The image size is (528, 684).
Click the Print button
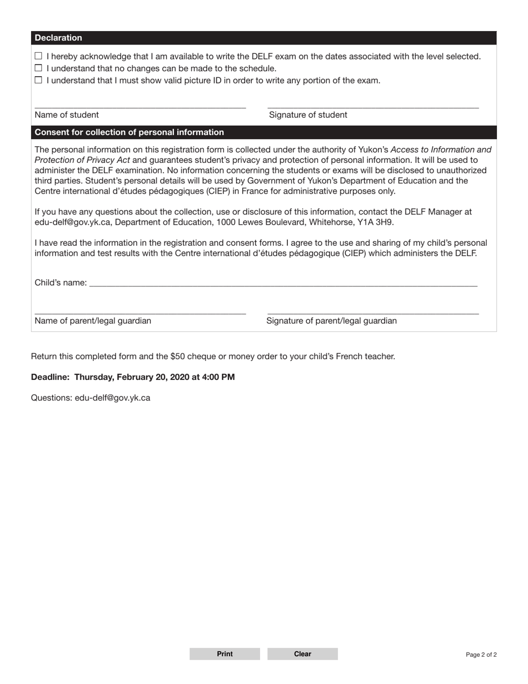(x=225, y=654)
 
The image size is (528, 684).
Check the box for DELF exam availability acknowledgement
(x=38, y=56)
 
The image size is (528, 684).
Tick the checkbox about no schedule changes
(x=38, y=68)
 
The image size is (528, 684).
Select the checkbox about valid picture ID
(x=38, y=80)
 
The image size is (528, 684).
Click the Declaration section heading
(x=58, y=38)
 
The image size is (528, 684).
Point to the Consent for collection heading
(x=129, y=132)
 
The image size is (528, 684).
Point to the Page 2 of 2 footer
(x=481, y=655)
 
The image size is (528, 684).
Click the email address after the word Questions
(x=112, y=398)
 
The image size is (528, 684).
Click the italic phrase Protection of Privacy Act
(x=82, y=160)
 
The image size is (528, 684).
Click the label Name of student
(x=67, y=115)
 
